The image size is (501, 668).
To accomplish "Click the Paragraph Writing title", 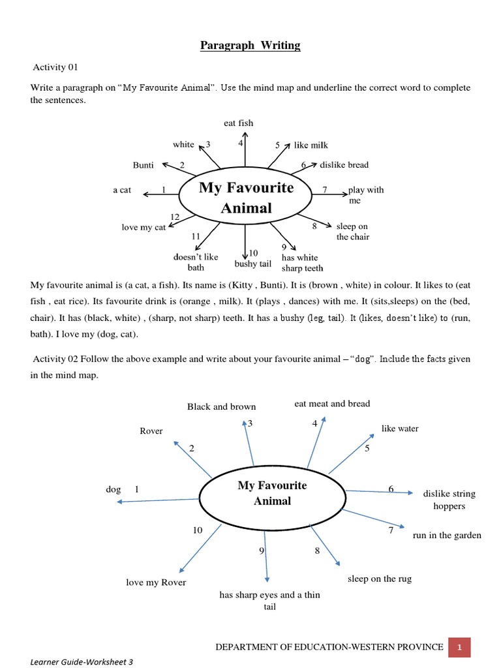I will click(x=250, y=45).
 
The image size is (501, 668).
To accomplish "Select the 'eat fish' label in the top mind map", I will click(x=238, y=123).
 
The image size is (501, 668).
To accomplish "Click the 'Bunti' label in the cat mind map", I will click(x=143, y=165).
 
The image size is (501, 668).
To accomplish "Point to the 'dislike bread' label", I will click(x=344, y=165).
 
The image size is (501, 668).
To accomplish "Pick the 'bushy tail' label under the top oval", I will click(x=252, y=264).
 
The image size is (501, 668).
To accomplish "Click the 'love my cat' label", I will click(x=144, y=227).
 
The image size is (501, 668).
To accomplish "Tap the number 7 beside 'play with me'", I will click(x=324, y=190).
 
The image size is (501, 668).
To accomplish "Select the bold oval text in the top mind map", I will click(x=246, y=198).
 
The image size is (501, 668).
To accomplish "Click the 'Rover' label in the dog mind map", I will click(x=151, y=431).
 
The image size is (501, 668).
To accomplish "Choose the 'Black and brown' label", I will click(x=221, y=406).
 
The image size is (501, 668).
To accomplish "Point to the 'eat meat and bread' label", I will click(x=332, y=404).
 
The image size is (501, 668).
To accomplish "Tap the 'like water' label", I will click(x=400, y=429).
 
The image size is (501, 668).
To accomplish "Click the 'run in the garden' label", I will click(x=447, y=536).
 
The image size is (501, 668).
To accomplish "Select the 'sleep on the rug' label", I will click(x=380, y=579).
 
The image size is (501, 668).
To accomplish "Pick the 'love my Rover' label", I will click(x=156, y=583).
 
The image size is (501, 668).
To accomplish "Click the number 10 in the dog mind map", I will click(x=198, y=530).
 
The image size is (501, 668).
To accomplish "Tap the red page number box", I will click(x=459, y=647).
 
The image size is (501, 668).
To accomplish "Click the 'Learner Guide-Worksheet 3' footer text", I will click(x=82, y=661).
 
